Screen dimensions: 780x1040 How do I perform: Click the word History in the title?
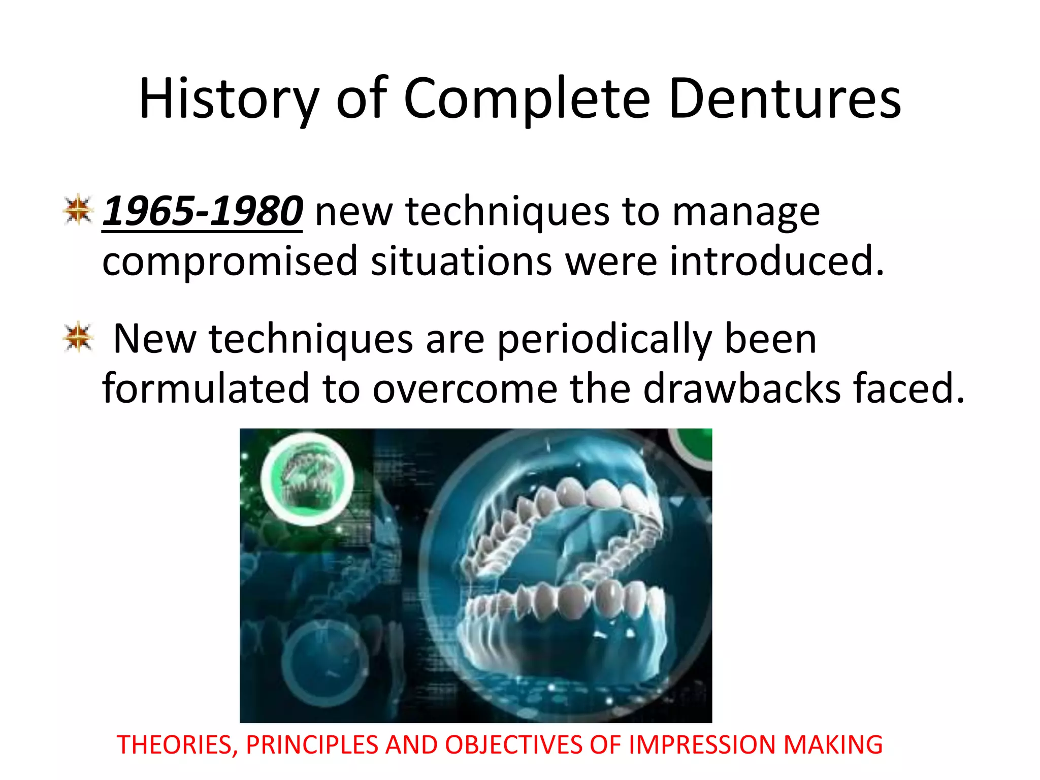point(229,99)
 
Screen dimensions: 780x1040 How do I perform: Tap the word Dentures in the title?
point(785,99)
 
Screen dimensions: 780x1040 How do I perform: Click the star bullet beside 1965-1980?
point(78,209)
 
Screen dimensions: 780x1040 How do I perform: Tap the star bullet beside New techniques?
point(78,337)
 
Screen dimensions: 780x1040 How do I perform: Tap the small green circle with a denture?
point(307,478)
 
